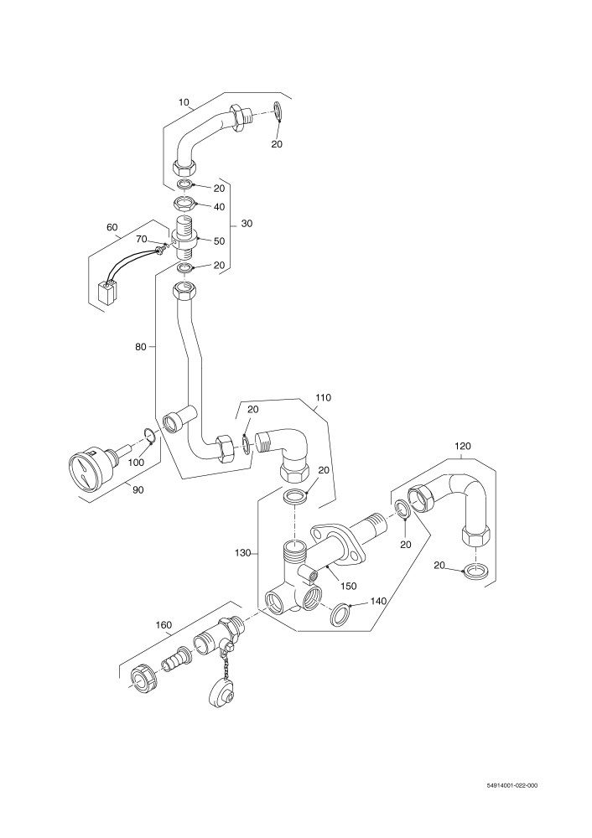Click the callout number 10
click(184, 102)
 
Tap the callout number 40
click(219, 207)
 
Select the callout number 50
click(219, 241)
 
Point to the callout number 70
click(141, 238)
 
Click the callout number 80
click(141, 347)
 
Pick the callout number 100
click(136, 463)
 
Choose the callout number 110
click(323, 397)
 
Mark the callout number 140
click(378, 601)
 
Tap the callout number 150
click(348, 587)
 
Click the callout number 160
click(164, 625)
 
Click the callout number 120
click(463, 446)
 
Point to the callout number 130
click(243, 553)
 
